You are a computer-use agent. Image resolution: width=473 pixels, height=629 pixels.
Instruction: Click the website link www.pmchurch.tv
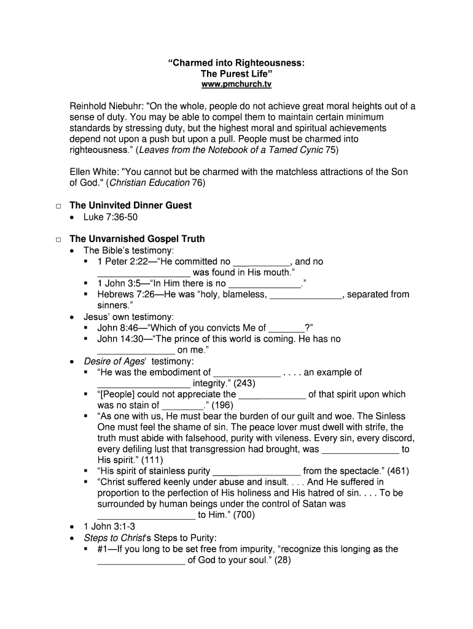point(237,84)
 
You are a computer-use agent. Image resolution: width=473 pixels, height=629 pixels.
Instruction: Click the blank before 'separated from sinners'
point(306,295)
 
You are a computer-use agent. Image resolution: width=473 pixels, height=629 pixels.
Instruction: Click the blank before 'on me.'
point(136,351)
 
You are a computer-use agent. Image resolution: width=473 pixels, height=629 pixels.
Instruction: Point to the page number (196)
point(223,405)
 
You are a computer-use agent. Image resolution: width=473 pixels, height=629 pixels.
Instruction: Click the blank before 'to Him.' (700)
point(146,516)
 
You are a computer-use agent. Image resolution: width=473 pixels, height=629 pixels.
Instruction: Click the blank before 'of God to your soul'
point(141,561)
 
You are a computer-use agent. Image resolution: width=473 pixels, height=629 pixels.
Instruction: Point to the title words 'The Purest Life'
point(237,73)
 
